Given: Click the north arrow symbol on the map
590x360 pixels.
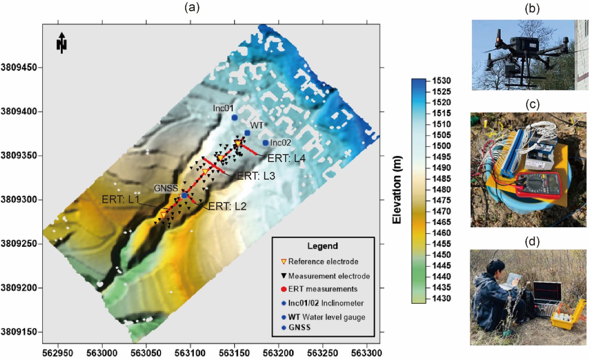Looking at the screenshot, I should tap(62, 43).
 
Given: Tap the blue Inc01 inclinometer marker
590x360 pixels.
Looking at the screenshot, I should tap(234, 117).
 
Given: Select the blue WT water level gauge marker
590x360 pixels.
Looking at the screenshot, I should tap(247, 133).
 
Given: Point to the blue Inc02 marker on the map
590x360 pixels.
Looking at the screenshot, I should tap(265, 143).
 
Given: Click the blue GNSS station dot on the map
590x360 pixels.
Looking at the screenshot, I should tap(184, 195).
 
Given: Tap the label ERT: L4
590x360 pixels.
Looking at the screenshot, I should tap(286, 158).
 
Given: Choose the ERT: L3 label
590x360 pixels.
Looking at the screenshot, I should tap(256, 176).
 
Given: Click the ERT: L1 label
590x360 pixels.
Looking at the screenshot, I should tap(120, 200).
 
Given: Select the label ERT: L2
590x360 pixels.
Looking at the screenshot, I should tap(227, 206).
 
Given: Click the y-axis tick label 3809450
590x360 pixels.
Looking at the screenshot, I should tap(19, 67).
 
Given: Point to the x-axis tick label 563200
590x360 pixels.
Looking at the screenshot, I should tap(278, 353).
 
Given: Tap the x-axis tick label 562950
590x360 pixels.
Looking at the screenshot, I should tap(58, 353).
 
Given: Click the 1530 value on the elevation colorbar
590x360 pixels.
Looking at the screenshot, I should tap(441, 81).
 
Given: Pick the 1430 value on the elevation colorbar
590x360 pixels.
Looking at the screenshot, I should tap(441, 298).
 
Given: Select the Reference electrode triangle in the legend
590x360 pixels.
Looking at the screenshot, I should tap(284, 262).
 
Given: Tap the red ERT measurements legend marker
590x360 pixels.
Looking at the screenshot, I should tap(284, 289).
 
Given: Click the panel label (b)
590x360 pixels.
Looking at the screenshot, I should tap(532, 9).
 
